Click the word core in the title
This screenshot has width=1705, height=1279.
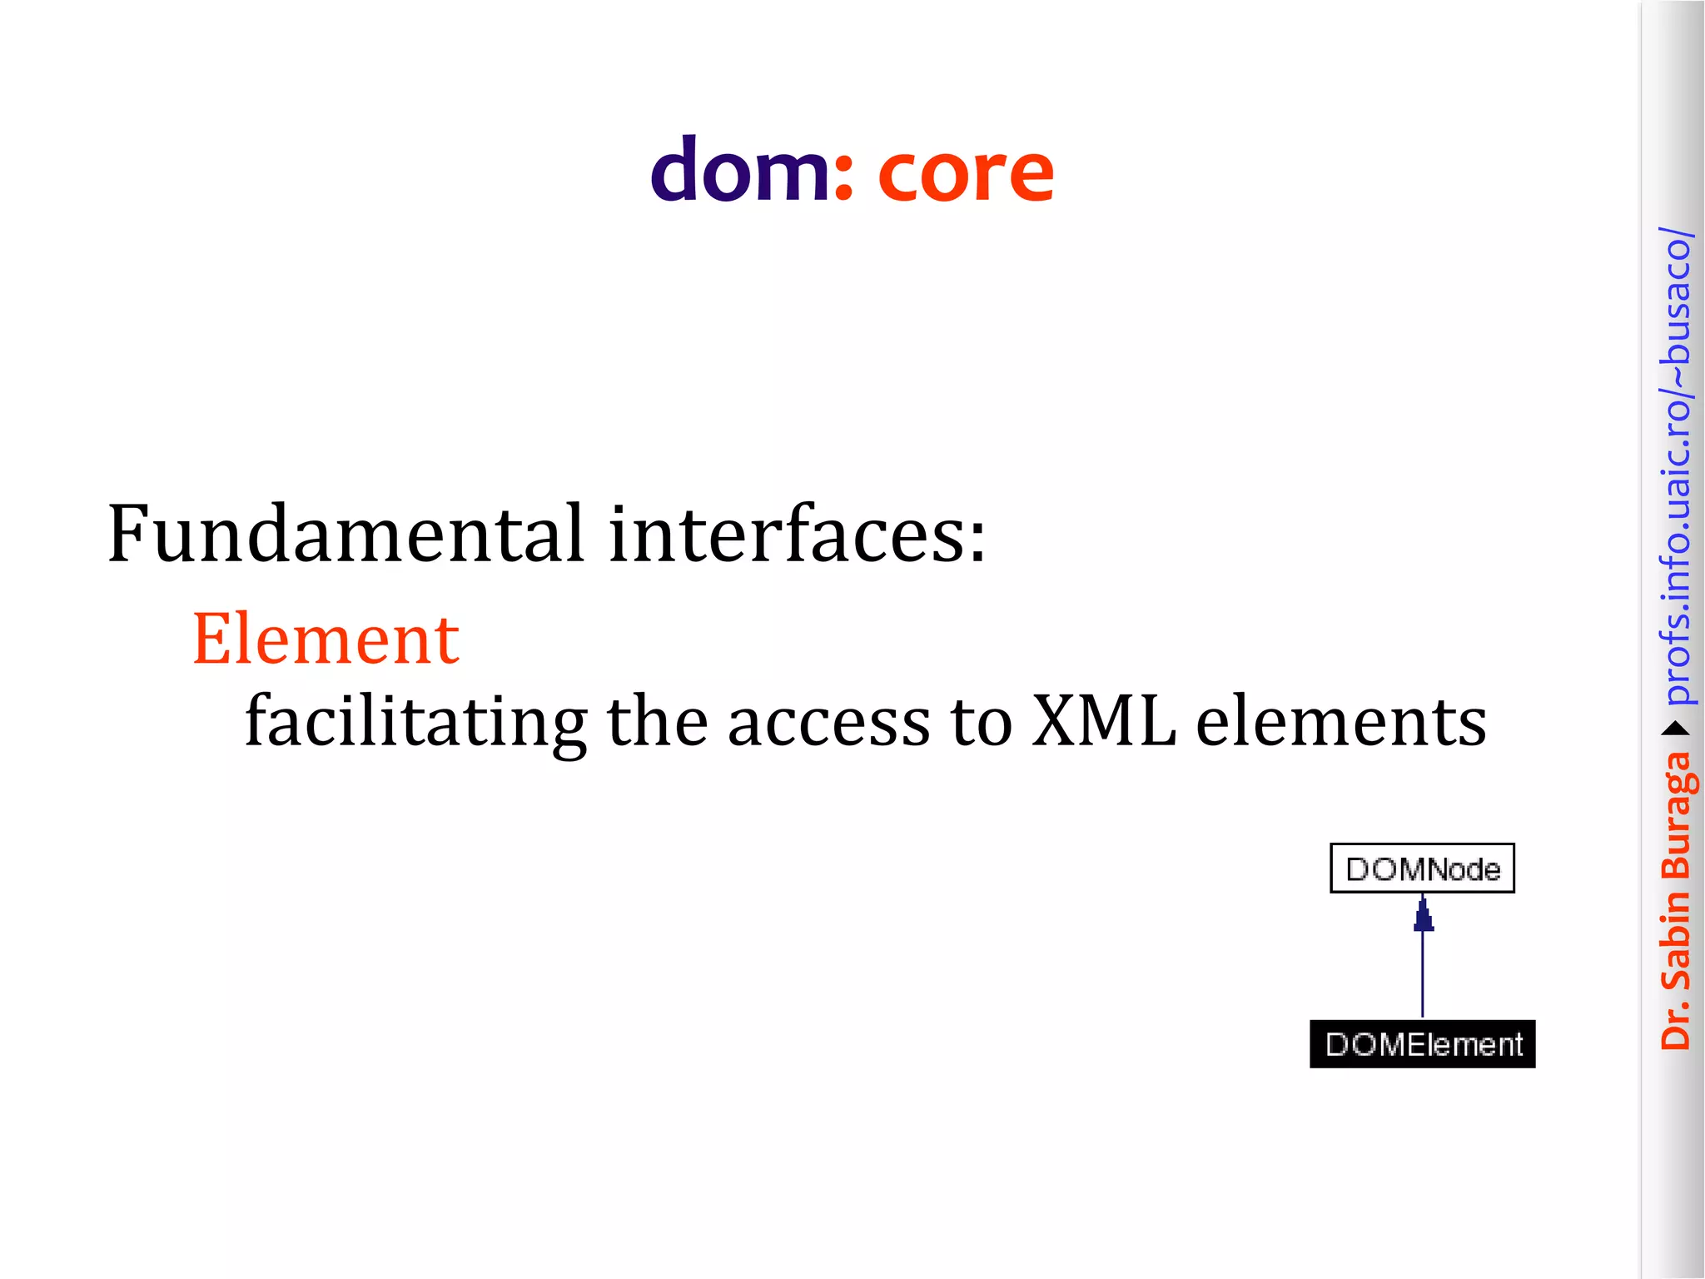click(966, 173)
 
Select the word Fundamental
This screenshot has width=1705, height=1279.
click(345, 534)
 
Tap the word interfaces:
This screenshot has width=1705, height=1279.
click(797, 534)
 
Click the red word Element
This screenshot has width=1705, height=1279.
click(326, 639)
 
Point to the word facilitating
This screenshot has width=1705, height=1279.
click(416, 721)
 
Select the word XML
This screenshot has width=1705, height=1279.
click(1104, 721)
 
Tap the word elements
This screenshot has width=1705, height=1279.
click(1341, 721)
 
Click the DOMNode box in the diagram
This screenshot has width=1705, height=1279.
click(1422, 868)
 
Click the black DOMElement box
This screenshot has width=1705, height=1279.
click(1422, 1044)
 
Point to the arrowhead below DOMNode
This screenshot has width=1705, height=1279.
click(1424, 916)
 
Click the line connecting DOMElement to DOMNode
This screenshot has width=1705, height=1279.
click(1423, 974)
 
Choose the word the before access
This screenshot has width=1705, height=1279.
click(657, 721)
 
